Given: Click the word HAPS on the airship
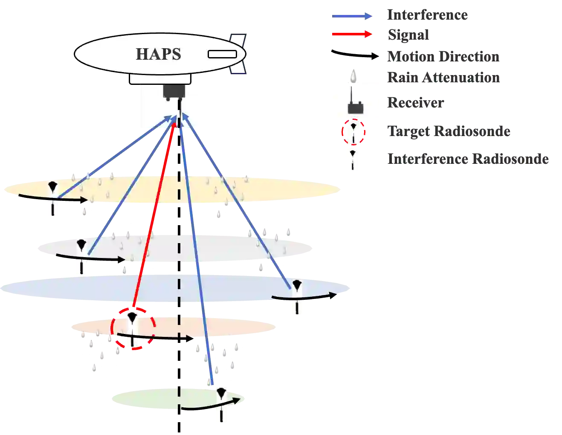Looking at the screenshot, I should tap(158, 54).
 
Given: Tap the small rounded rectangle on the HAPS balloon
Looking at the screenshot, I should tap(222, 54).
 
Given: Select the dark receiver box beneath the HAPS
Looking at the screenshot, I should tap(174, 91).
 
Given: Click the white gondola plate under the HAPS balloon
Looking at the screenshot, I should tap(160, 78).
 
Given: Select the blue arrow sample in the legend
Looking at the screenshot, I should tap(352, 16).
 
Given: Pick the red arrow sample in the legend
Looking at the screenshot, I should tap(352, 34).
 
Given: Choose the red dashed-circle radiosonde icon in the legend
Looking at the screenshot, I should tap(353, 132).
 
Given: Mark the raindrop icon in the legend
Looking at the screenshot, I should tap(353, 77).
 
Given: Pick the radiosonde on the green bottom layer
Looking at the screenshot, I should tap(221, 404).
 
